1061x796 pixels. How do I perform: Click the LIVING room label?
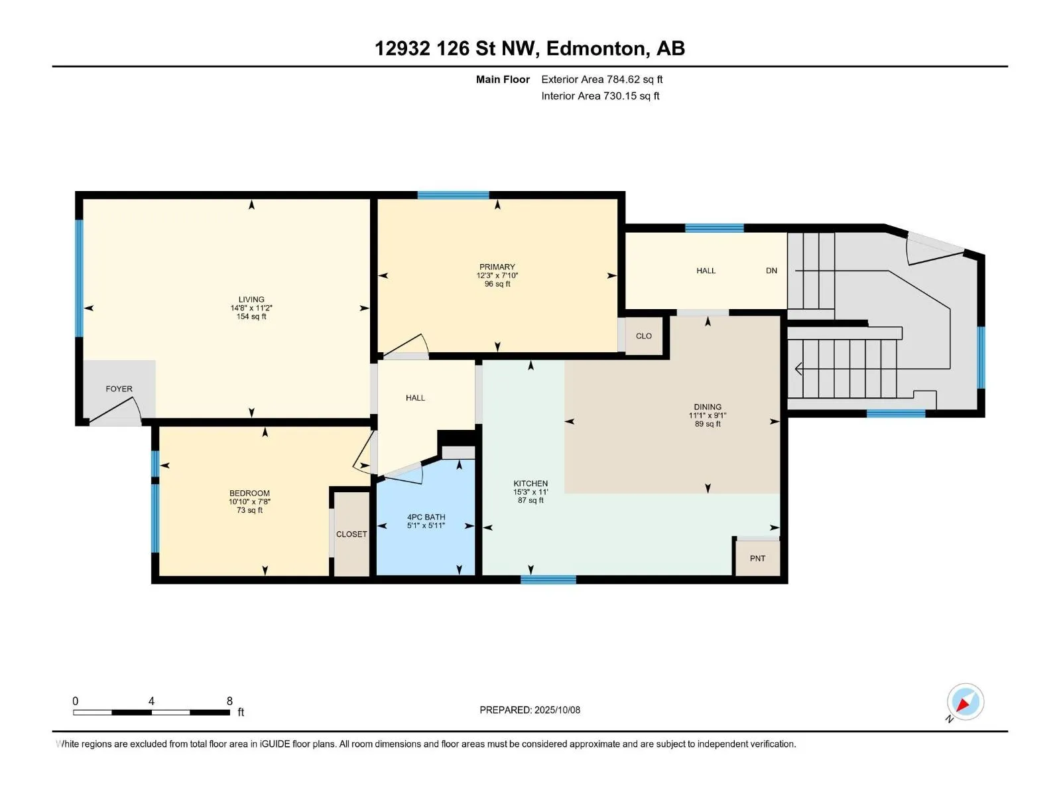pos(251,300)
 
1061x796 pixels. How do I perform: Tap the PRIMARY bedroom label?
pos(497,267)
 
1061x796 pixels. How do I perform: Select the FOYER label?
pos(119,389)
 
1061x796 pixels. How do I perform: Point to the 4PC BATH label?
pos(426,517)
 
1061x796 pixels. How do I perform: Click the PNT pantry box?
pos(757,559)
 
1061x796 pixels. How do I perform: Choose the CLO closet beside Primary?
pos(643,336)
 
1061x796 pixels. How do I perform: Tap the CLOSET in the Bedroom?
pos(351,534)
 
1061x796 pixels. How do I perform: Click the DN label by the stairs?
pos(771,271)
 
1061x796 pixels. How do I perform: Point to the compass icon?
pos(966,702)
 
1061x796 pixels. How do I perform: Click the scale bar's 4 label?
pos(151,700)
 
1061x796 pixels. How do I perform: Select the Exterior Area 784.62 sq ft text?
pos(602,79)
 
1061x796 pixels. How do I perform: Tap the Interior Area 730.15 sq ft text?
pos(600,96)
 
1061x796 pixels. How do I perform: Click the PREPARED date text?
pos(530,710)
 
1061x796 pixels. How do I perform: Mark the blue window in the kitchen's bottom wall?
pos(548,580)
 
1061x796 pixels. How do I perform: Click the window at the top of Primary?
pos(453,195)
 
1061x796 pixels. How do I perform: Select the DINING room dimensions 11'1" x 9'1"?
pos(707,415)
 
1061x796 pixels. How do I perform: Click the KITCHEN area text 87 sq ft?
pos(530,500)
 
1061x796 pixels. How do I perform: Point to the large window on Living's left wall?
pos(79,278)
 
